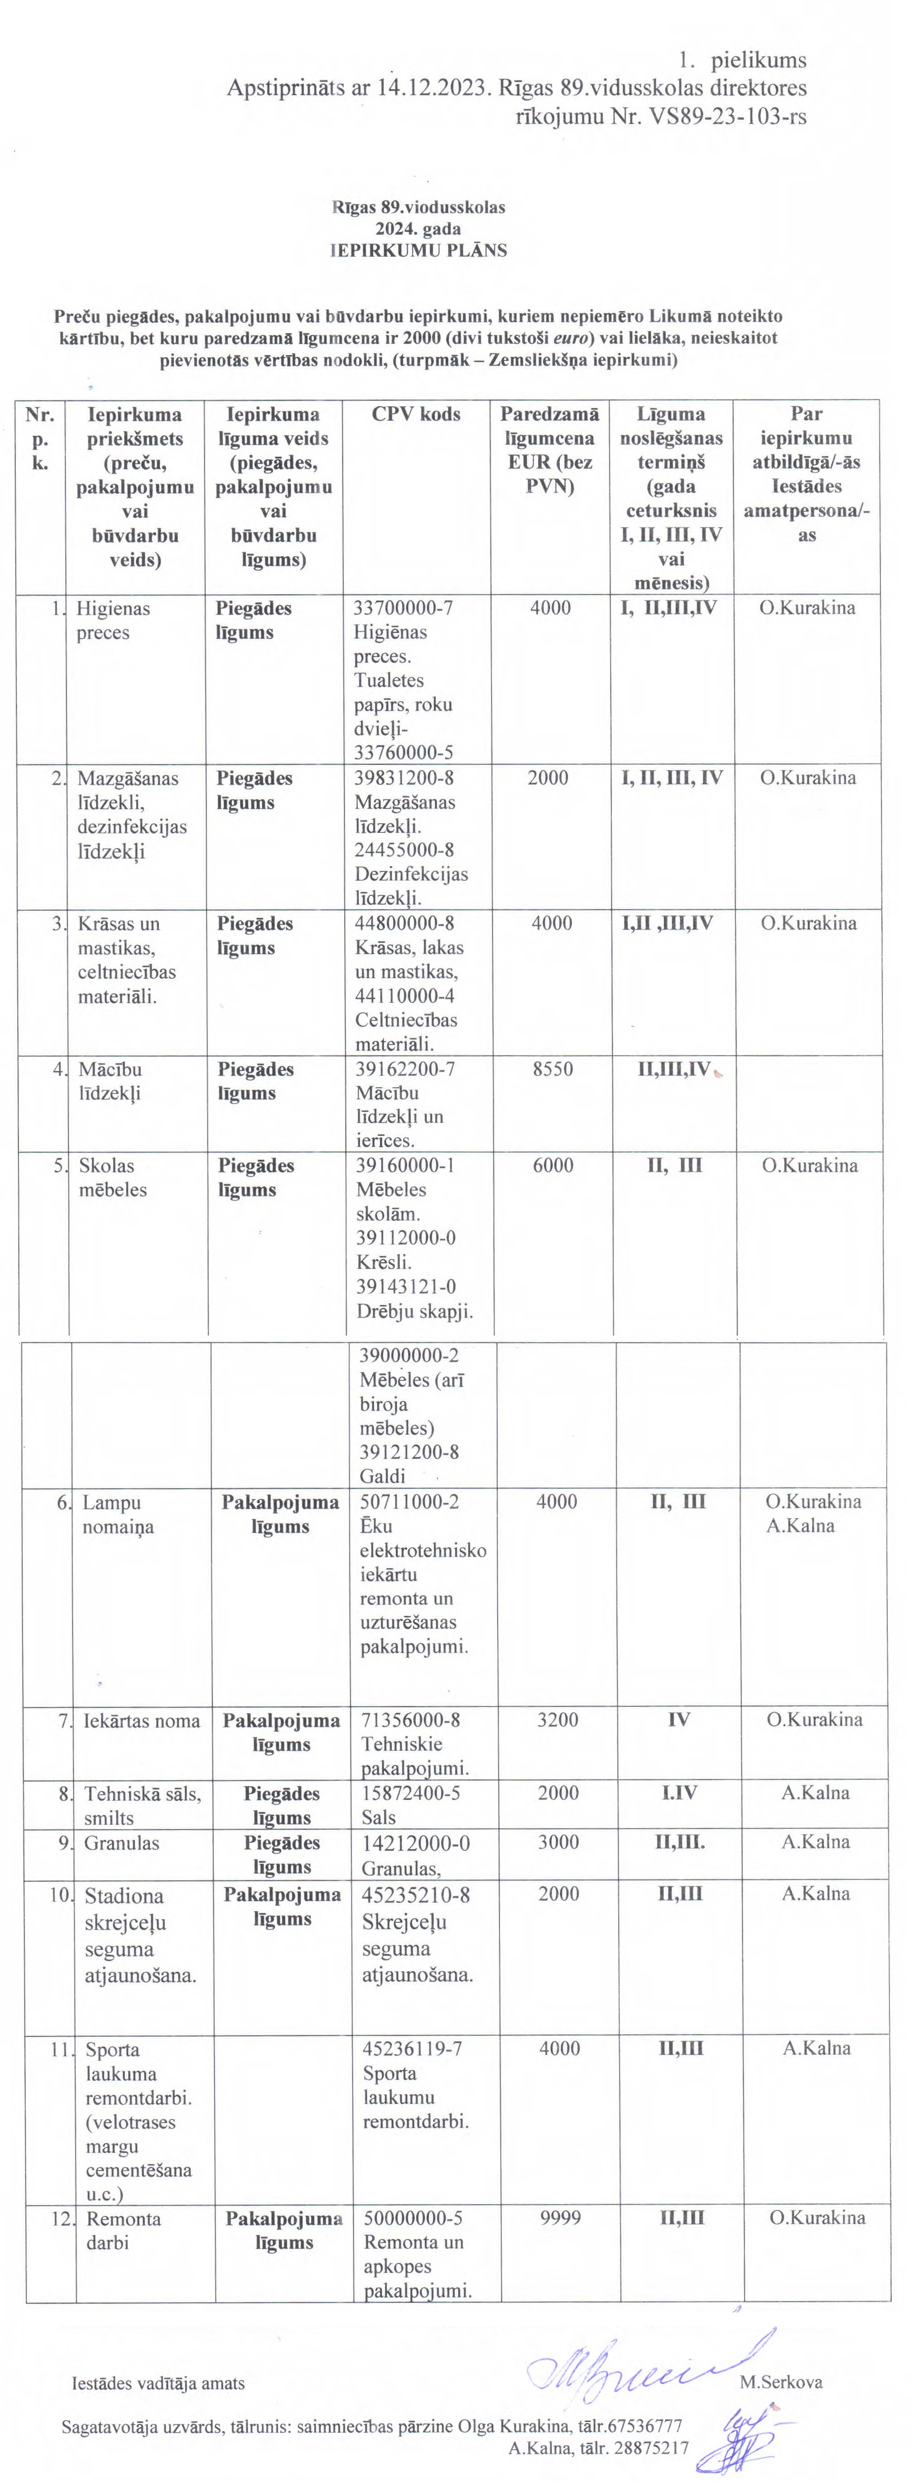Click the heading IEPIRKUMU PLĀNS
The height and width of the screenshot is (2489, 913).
[x=418, y=250]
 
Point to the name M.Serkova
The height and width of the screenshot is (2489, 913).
[x=781, y=2383]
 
